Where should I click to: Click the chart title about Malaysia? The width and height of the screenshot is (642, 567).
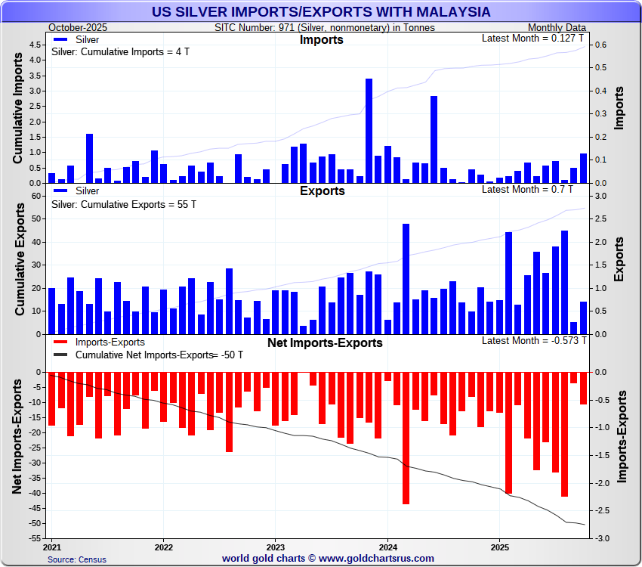(321, 12)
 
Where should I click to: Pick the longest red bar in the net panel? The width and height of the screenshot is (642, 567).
(406, 438)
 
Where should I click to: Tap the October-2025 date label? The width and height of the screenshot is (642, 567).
(78, 27)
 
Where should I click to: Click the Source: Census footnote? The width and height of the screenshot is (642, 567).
(77, 559)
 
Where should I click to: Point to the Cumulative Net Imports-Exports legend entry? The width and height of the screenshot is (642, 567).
(144, 355)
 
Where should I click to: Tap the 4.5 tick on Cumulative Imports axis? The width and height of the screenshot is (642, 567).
(36, 45)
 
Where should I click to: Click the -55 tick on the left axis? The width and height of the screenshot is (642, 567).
(34, 538)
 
